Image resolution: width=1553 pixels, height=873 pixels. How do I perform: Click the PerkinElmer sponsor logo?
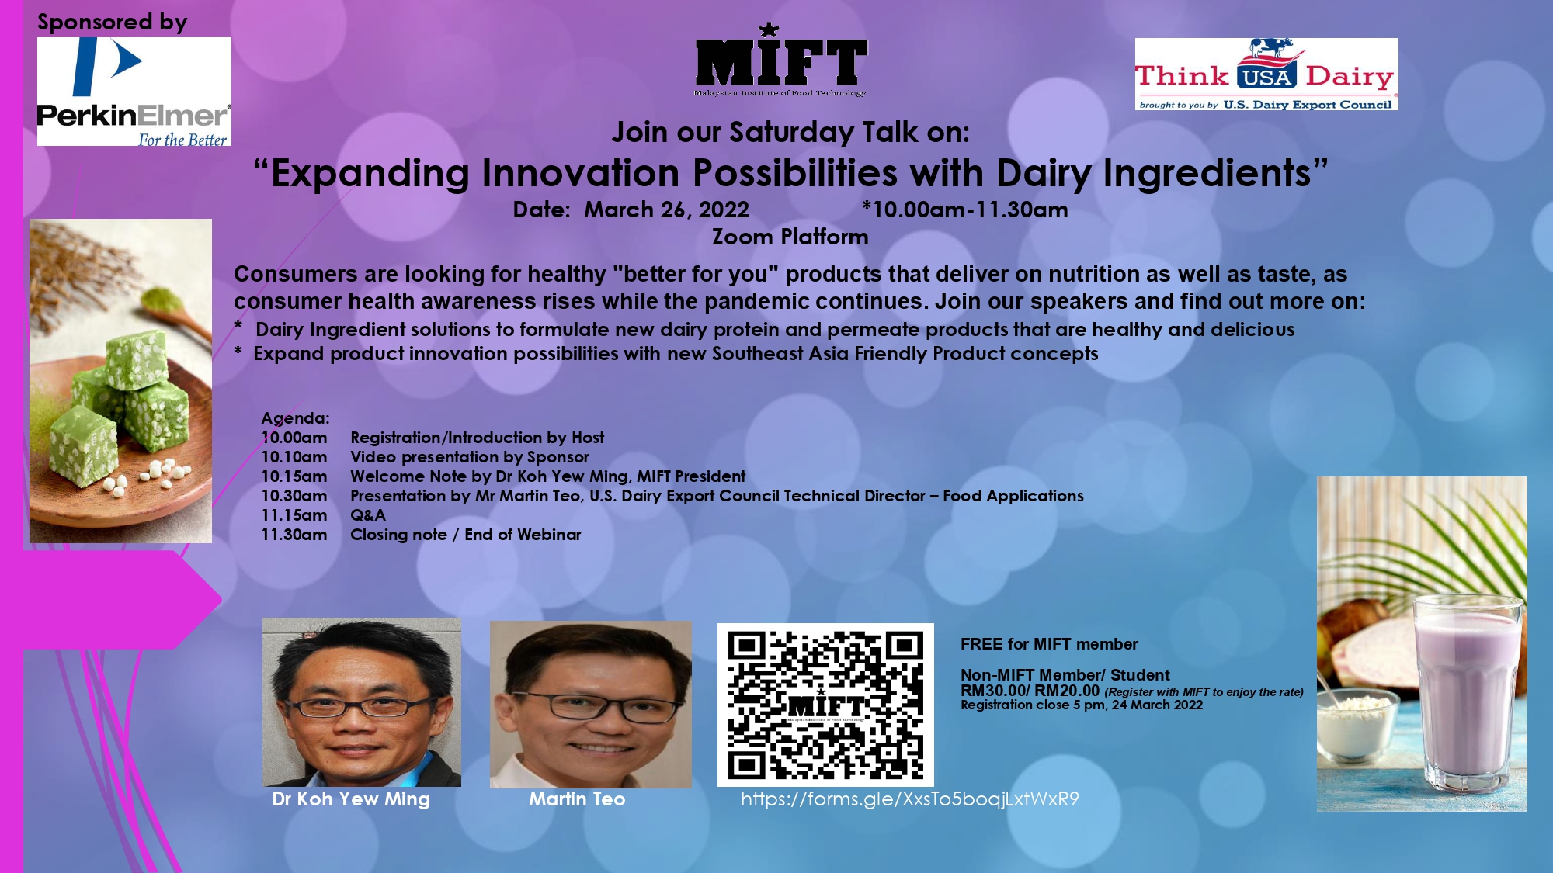point(134,92)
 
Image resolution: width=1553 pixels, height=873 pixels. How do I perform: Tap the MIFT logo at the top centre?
point(780,60)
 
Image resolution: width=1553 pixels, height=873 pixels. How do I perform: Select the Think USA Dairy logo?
point(1266,74)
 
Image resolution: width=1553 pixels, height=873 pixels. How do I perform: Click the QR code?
point(825,705)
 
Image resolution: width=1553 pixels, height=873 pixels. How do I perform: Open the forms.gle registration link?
point(909,799)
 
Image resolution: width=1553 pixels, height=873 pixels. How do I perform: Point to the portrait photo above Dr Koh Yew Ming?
point(362,702)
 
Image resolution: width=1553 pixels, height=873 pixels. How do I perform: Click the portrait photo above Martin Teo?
point(591,705)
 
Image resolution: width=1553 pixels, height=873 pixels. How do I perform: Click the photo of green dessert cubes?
point(120,381)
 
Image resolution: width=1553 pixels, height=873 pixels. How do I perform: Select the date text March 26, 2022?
point(666,210)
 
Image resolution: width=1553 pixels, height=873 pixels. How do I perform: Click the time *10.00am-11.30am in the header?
point(964,210)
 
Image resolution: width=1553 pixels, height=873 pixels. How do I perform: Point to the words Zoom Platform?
point(790,237)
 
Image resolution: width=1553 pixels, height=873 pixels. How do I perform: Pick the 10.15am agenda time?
point(294,476)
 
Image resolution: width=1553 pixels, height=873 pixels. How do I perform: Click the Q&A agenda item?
point(368,515)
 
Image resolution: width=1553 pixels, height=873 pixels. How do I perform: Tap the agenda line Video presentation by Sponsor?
point(470,457)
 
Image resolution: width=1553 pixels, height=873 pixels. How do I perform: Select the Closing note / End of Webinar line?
point(466,535)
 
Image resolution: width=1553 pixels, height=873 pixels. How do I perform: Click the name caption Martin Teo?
point(577,799)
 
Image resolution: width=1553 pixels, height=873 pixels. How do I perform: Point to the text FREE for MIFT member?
point(1049,644)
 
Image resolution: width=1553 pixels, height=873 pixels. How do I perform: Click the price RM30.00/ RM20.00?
point(1030,691)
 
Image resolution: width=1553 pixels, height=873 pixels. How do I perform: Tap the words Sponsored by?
point(113,23)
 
